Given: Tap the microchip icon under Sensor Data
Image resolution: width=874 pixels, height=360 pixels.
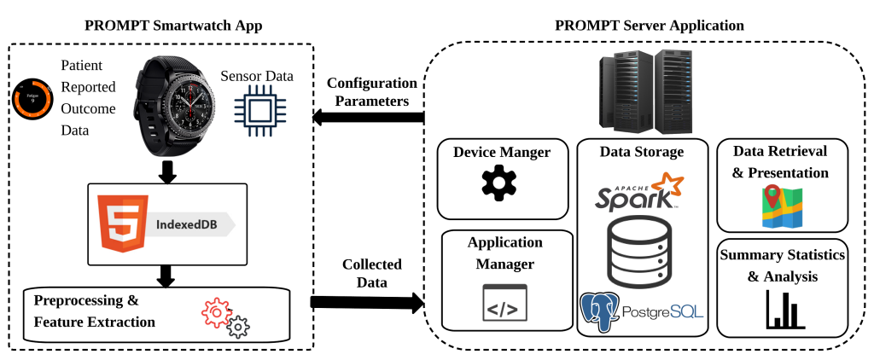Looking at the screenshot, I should point(257,116).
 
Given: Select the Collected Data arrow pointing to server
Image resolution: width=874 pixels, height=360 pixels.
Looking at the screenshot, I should point(367,301).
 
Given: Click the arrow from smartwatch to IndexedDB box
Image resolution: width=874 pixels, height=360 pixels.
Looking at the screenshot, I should point(167,172).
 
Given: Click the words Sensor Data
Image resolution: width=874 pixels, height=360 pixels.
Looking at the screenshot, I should point(256,77).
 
